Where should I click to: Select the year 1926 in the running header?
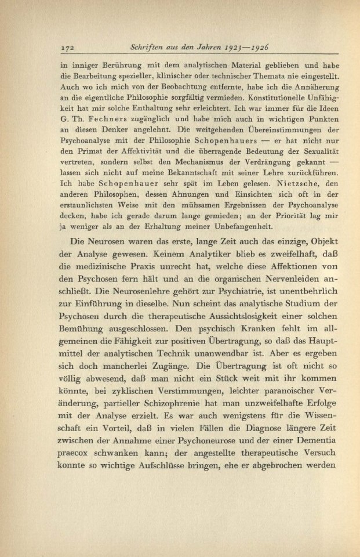click(266, 48)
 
